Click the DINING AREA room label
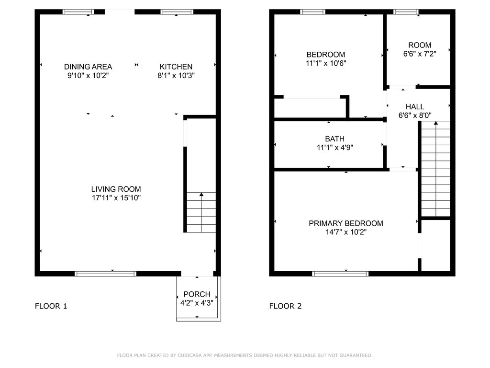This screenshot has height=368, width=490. pos(88,67)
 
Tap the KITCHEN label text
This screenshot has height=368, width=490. pos(176,67)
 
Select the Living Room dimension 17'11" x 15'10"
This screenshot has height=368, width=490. pos(116,198)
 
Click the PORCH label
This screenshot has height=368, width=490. pos(197,294)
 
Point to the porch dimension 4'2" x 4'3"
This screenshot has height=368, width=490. pos(197,303)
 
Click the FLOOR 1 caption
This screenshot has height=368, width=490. pos(51,306)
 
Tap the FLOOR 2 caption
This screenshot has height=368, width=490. pos(286,306)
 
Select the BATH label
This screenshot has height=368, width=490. pos(334,138)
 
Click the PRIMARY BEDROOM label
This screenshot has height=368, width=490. pos(346,223)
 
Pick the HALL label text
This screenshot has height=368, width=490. pos(415,107)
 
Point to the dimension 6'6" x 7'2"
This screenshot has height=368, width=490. pos(420,54)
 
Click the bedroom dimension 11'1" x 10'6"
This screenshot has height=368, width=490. pos(326,63)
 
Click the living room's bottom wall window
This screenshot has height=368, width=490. pos(106,274)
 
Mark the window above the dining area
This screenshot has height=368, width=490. pos(78,12)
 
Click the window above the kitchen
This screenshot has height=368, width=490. pos(177,12)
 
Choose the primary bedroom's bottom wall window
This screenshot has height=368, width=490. pos(340,274)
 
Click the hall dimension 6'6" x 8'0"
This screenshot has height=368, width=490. pos(415,115)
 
